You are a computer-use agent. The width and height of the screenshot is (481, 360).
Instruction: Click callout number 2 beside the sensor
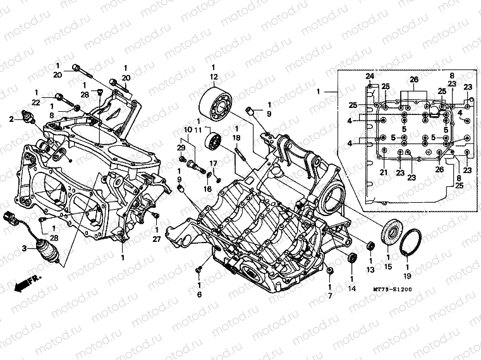(x=11, y=118)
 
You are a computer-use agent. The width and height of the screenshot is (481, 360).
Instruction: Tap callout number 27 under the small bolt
(x=156, y=239)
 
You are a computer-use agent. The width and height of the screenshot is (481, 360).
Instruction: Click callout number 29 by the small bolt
(x=181, y=148)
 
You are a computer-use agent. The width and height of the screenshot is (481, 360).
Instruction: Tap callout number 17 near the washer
(x=214, y=164)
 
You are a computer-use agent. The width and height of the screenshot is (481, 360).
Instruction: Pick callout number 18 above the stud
(x=236, y=137)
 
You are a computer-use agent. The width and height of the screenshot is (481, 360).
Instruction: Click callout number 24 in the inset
(x=370, y=77)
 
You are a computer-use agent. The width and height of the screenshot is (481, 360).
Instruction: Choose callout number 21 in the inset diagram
(x=383, y=172)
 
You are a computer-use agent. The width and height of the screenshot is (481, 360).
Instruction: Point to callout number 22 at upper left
(x=36, y=102)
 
